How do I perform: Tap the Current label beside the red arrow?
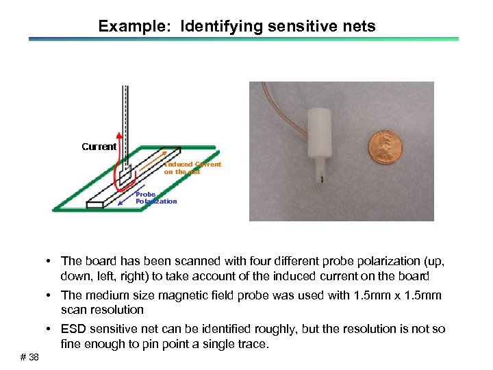99,147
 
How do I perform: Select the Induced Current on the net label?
192,168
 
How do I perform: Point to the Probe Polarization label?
156,198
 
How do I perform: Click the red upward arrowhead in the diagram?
119,136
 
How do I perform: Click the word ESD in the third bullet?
73,330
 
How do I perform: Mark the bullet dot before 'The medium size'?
51,295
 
